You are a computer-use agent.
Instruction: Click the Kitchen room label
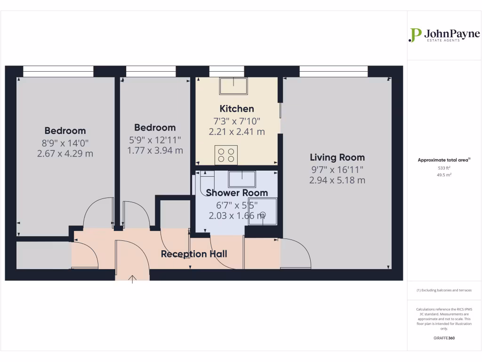pos(237,109)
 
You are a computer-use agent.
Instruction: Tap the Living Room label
pos(337,157)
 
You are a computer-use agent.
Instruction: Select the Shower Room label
pos(237,193)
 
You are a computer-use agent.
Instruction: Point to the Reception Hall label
pos(194,254)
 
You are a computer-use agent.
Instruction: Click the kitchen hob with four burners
pos(226,155)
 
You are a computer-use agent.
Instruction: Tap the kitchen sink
pos(233,86)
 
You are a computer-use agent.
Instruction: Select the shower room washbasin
pos(242,179)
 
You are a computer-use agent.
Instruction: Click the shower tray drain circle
pos(263,215)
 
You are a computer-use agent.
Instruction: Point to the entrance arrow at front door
pos(133,280)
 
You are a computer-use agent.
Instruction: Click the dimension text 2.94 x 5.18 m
pos(337,180)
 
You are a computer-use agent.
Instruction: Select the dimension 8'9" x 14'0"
pos(65,142)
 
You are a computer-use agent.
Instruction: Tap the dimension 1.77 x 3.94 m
pos(155,150)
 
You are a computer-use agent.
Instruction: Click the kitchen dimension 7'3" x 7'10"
pos(237,121)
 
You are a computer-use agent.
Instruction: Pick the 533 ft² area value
pos(444,168)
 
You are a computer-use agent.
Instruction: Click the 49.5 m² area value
pos(444,174)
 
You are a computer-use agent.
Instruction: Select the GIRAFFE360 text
pos(444,338)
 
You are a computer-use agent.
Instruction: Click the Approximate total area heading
pos(443,160)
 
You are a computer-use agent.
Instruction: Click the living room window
pos(333,71)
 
